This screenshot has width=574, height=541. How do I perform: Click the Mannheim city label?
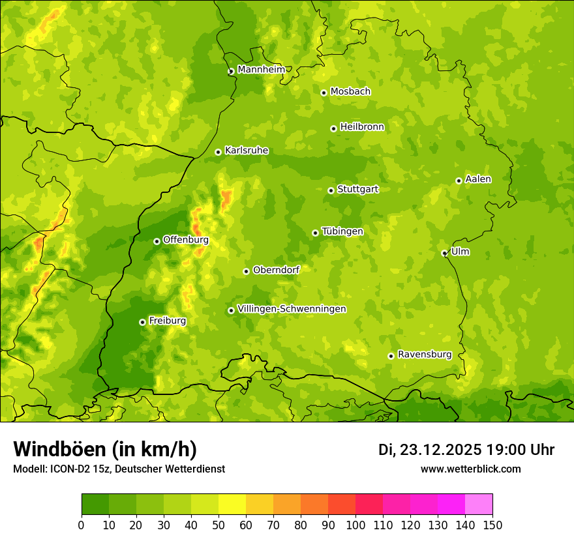click(261, 69)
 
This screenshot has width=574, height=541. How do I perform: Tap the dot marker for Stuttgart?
click(331, 190)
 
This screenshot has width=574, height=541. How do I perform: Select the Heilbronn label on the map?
click(362, 126)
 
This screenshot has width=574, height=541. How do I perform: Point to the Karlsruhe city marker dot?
click(218, 152)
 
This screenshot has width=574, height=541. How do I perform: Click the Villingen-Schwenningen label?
click(292, 308)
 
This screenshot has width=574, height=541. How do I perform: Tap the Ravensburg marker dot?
click(391, 356)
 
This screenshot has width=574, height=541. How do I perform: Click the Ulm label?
click(460, 251)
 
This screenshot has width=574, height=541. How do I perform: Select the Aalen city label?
click(478, 179)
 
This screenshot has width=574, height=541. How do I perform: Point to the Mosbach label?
click(350, 91)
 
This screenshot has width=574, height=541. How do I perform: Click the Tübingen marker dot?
click(315, 233)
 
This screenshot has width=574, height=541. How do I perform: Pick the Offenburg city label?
click(186, 239)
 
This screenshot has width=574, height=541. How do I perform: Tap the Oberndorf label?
click(276, 269)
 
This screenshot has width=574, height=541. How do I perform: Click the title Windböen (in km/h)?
click(104, 449)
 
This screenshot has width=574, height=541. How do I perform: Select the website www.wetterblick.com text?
click(470, 469)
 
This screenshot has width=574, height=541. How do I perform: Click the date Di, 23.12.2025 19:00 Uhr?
click(466, 450)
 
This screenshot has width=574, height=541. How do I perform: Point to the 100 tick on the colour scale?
click(355, 525)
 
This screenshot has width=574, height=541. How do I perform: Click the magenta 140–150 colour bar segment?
click(479, 504)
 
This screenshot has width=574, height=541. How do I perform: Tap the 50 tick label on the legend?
click(219, 525)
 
